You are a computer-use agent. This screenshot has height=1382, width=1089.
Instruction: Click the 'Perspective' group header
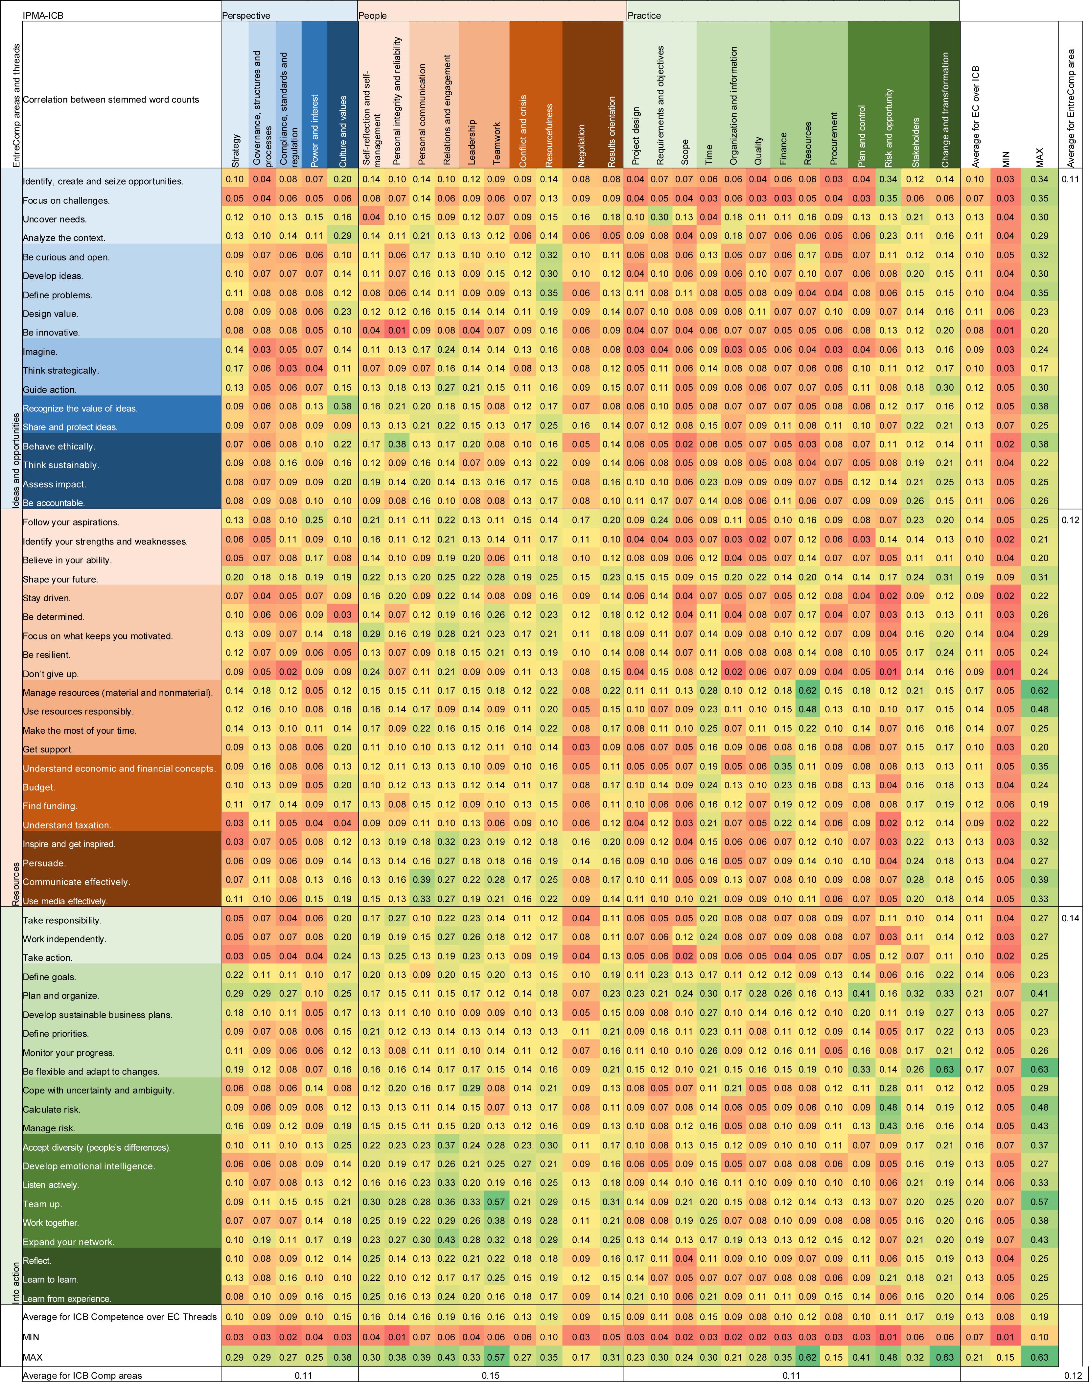[246, 15]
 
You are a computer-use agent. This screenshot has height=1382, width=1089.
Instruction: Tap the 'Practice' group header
[644, 15]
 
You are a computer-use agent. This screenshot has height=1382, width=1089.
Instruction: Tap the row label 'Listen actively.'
[51, 1185]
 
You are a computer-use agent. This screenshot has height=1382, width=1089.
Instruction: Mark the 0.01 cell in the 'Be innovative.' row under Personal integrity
[397, 330]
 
